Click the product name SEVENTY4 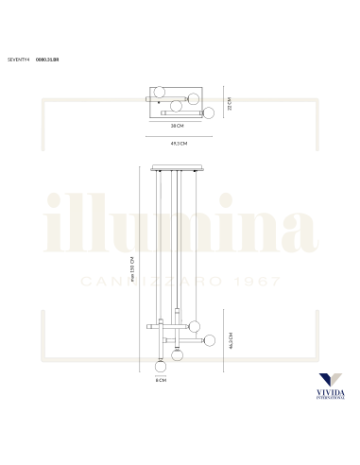(x=17, y=59)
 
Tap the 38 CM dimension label (x=177, y=125)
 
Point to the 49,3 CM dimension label (x=178, y=143)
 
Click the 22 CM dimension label (x=229, y=102)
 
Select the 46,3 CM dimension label (x=231, y=340)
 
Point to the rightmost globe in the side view (x=210, y=340)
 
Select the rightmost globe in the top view (x=210, y=112)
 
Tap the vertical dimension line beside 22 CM (x=222, y=102)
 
